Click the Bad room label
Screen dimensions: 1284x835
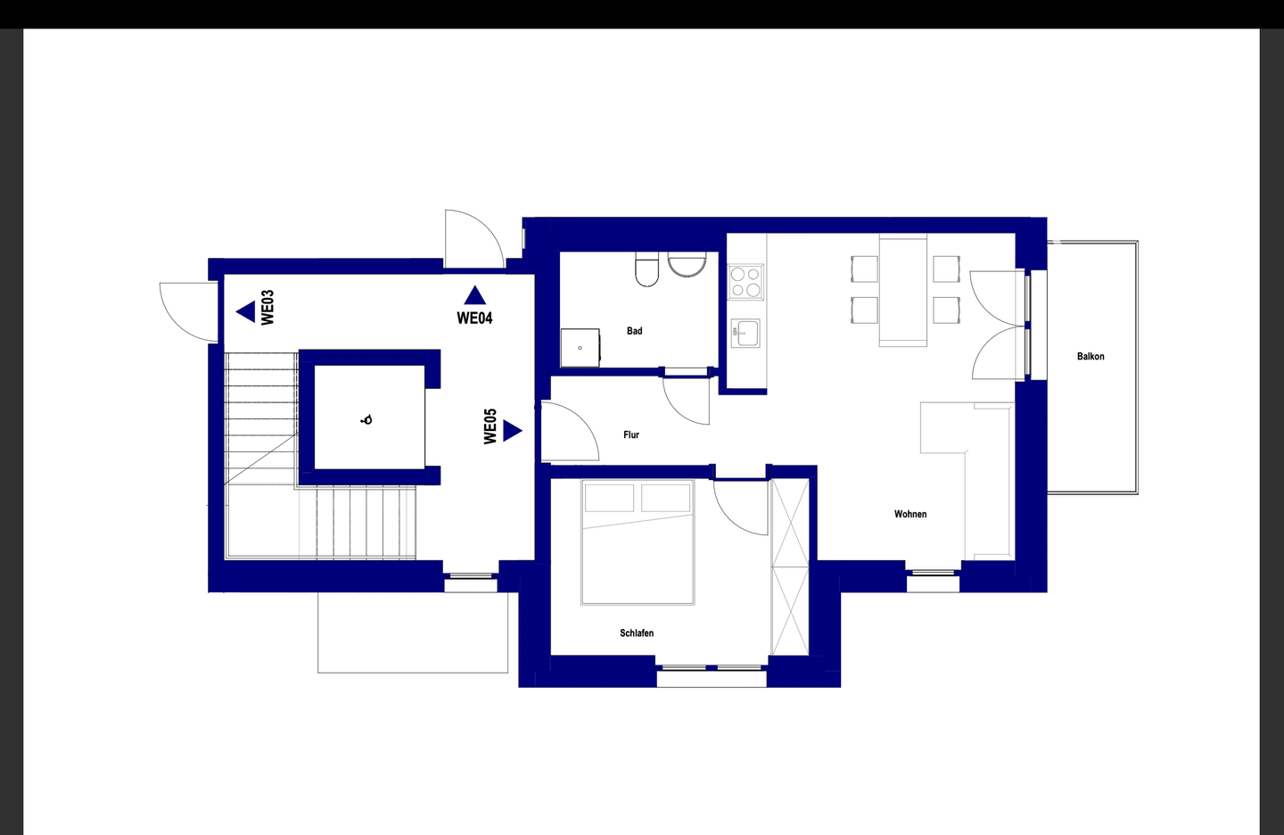point(634,331)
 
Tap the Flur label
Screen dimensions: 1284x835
point(631,434)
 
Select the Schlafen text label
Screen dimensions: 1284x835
point(637,633)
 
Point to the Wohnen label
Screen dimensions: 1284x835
point(910,514)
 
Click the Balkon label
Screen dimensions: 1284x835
point(1091,356)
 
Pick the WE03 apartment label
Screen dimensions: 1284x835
point(267,308)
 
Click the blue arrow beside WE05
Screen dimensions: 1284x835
point(513,431)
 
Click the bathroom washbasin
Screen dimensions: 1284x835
point(687,265)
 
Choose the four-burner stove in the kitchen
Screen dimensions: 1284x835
point(745,282)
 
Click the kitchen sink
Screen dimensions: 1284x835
point(745,334)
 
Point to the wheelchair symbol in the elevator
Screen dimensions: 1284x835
point(366,420)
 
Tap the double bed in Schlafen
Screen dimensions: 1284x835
point(638,542)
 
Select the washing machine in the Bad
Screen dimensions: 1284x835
point(580,348)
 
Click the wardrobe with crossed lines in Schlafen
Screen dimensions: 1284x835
point(790,566)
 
